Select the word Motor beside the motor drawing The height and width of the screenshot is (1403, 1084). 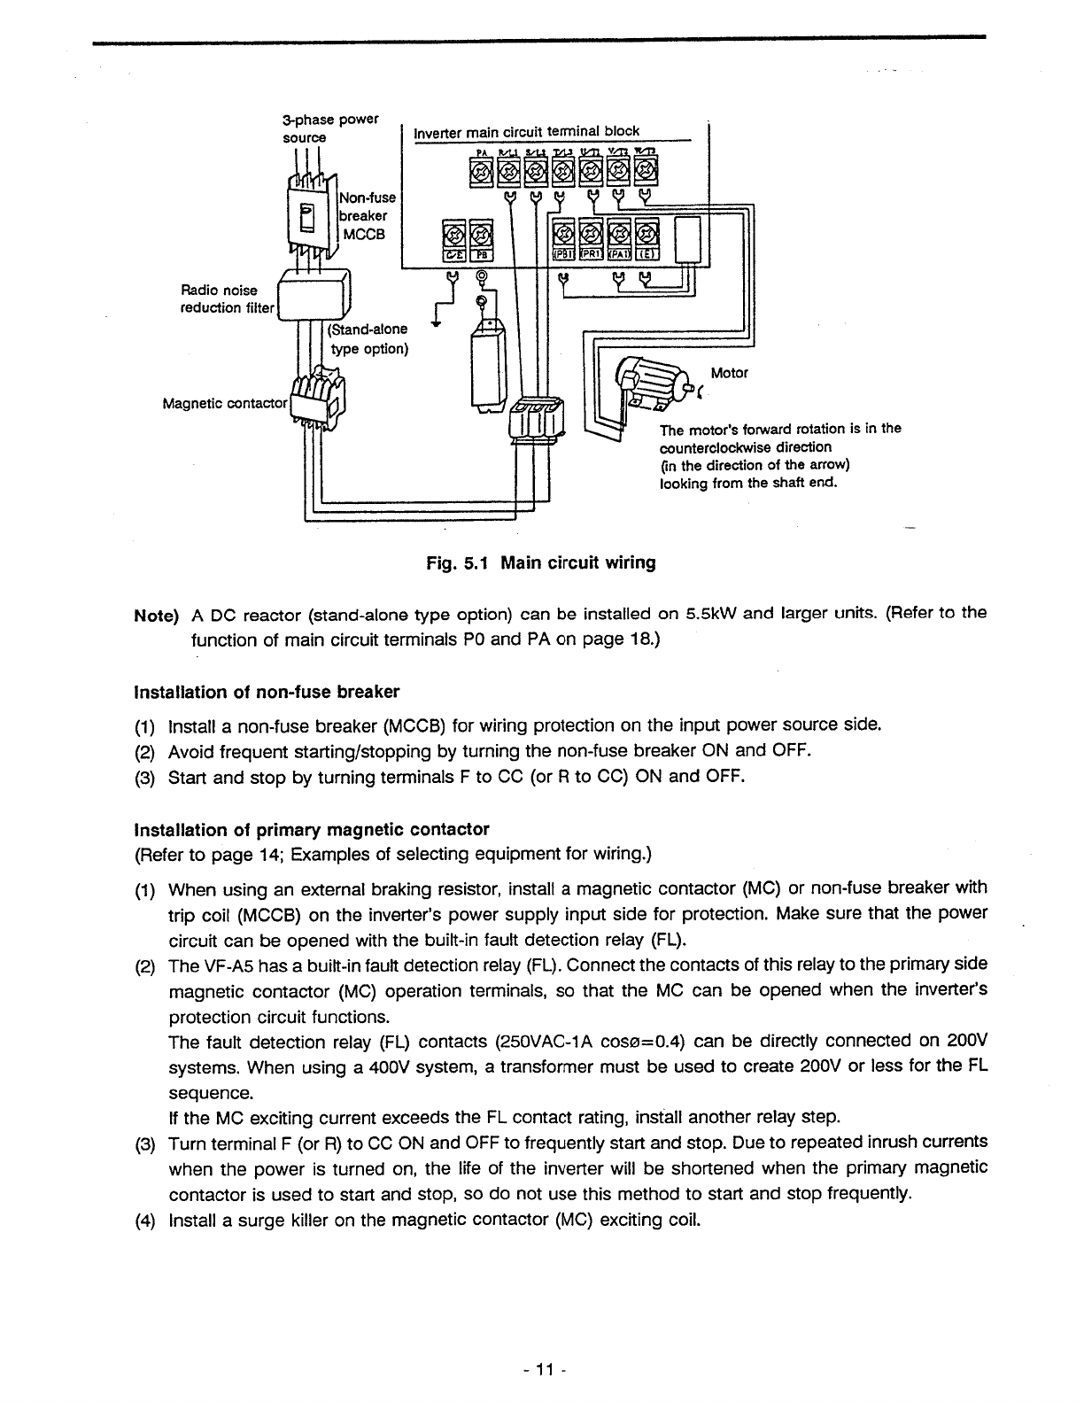[x=730, y=373]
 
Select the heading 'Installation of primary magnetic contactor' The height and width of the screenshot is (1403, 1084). [x=311, y=830]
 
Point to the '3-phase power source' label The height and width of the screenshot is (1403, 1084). [x=329, y=128]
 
